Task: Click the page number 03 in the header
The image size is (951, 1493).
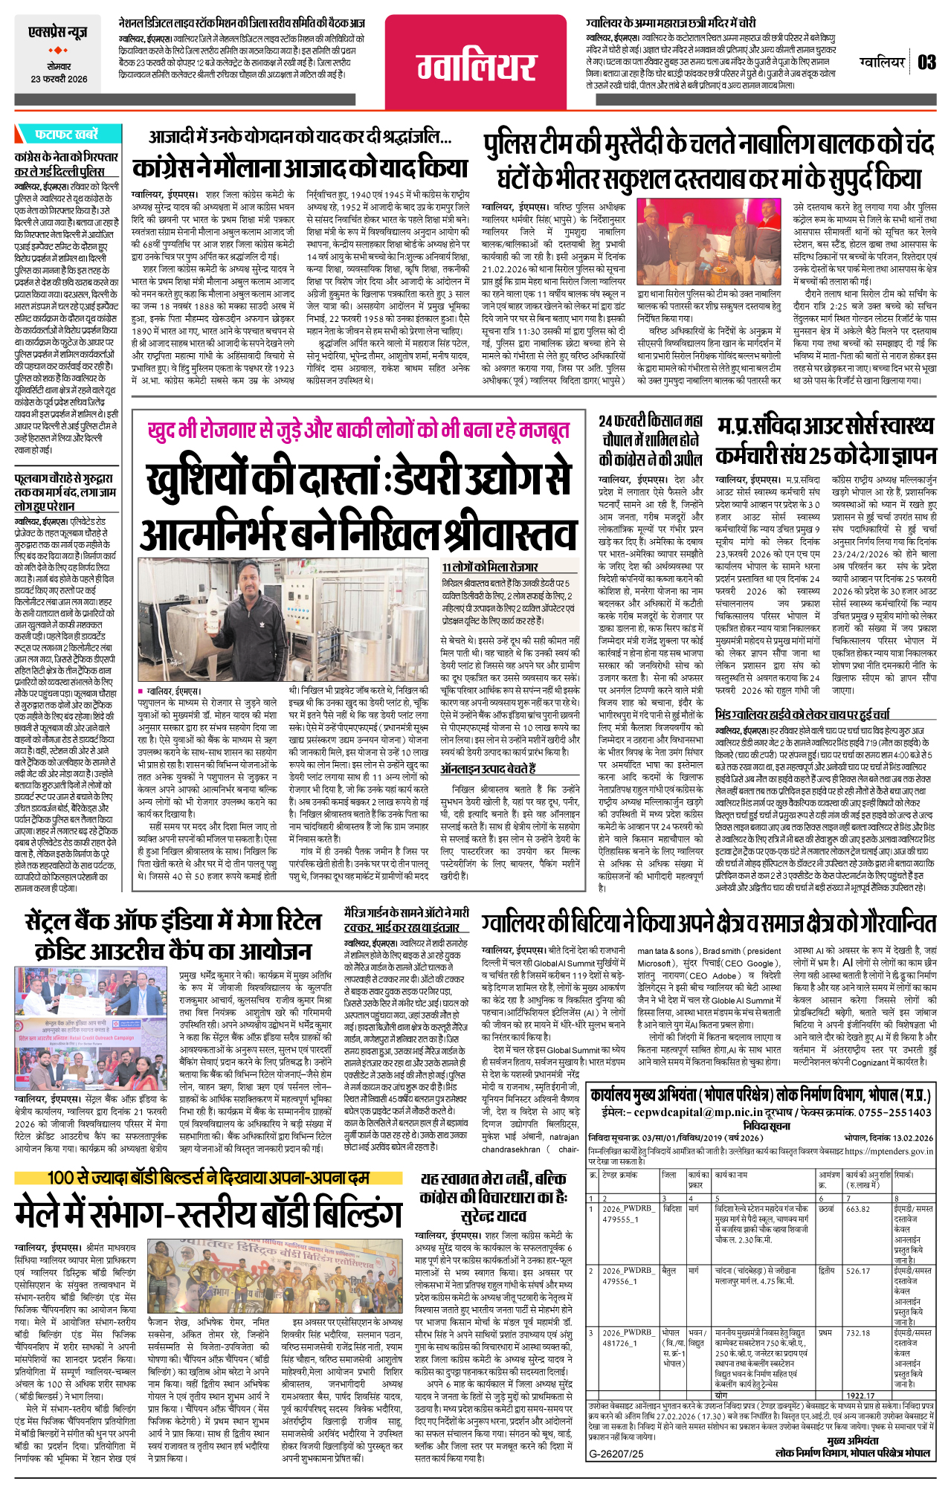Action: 926,62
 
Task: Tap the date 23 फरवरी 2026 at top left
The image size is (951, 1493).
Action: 59,79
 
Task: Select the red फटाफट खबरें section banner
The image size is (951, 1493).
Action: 66,135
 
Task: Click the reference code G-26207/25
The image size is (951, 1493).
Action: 616,1454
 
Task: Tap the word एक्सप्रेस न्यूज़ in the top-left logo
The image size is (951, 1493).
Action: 58,33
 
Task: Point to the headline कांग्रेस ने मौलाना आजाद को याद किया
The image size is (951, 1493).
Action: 300,167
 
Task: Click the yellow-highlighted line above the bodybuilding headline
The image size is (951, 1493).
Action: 208,1177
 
